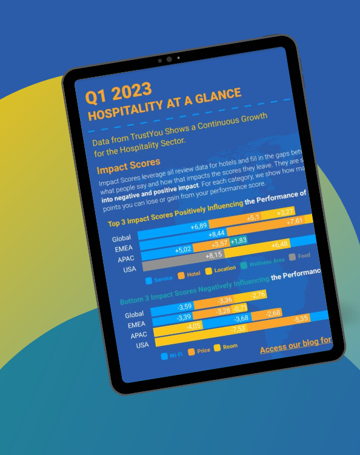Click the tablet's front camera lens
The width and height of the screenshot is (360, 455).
point(169,59)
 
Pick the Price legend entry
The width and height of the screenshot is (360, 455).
point(202,350)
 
